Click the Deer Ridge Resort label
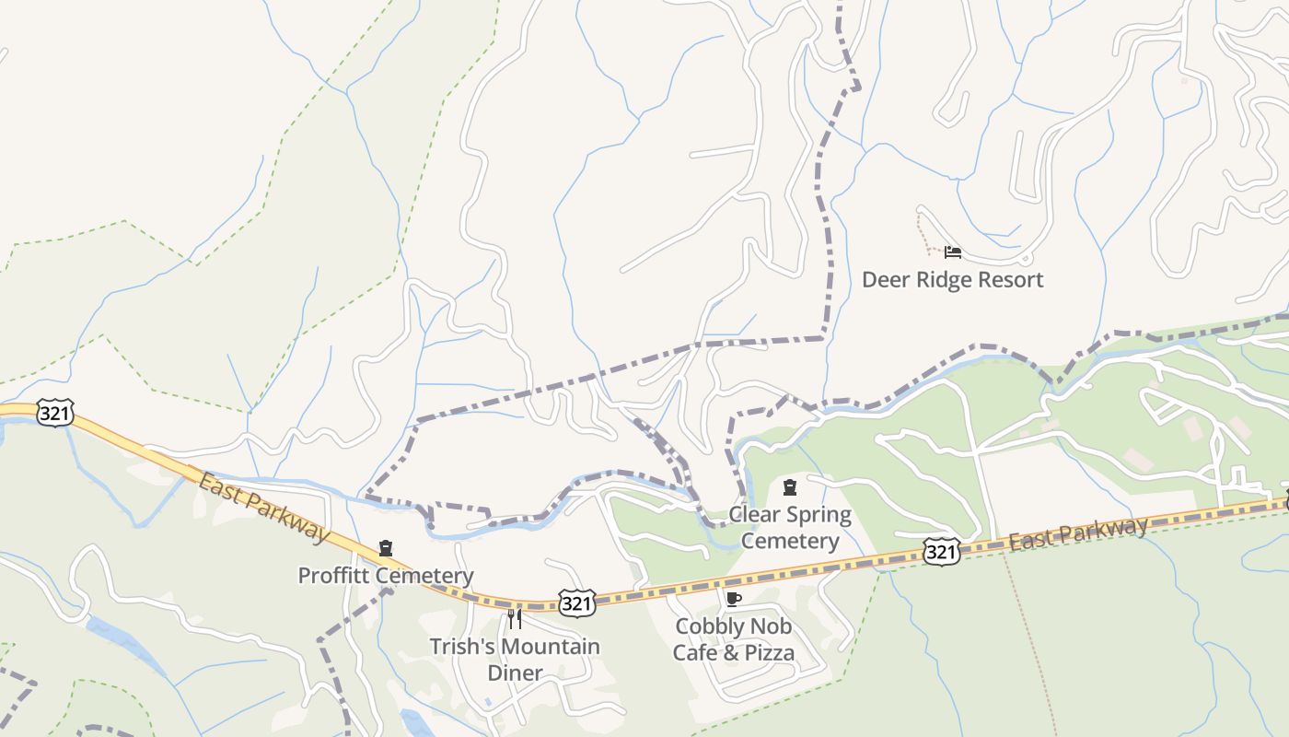(952, 279)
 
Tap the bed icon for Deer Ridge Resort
(953, 252)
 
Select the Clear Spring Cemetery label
(790, 527)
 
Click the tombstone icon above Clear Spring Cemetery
(790, 486)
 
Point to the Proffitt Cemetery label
(385, 576)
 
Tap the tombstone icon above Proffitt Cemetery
(386, 549)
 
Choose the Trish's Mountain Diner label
(515, 660)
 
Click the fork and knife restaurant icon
(515, 618)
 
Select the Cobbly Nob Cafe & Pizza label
(734, 639)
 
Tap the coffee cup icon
(733, 600)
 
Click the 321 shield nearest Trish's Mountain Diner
(576, 603)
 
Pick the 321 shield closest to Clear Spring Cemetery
(941, 552)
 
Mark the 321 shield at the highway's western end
(55, 414)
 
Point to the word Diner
(515, 673)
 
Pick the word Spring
(819, 514)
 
